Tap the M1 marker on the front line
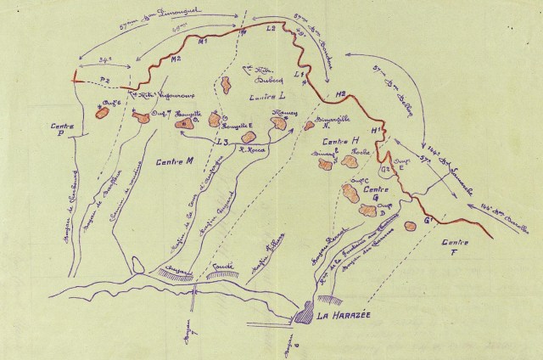pos(201,42)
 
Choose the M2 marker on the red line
pos(176,59)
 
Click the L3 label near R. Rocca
pos(222,143)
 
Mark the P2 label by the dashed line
pos(105,79)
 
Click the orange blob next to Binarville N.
pos(310,126)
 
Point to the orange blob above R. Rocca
pos(249,136)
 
